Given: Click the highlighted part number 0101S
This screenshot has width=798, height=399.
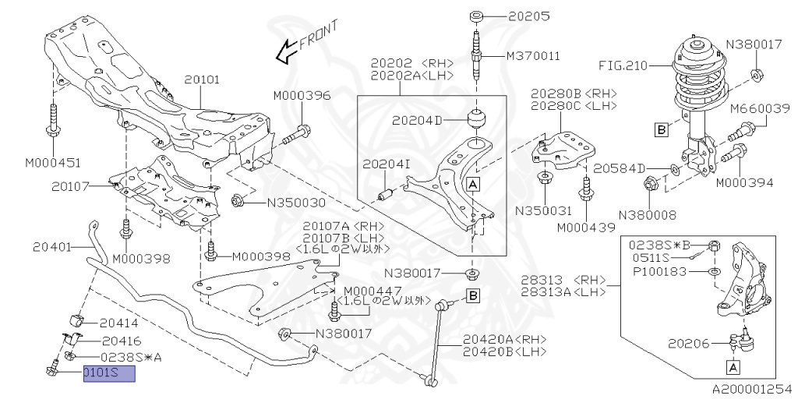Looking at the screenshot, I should coord(108,374).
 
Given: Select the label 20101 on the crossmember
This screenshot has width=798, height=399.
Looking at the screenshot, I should coord(202,79).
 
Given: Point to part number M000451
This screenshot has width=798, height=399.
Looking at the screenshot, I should coord(53,163).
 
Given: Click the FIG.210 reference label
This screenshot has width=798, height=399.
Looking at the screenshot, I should coord(623,65).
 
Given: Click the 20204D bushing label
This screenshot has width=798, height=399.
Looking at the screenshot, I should coord(417,121).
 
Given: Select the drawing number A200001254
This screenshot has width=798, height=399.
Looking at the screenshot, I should coord(750,387).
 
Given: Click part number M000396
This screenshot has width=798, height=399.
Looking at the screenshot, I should coord(302,96).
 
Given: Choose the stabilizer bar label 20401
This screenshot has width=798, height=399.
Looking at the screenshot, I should coord(53,246).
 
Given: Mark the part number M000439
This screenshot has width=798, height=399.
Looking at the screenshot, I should coord(586,228).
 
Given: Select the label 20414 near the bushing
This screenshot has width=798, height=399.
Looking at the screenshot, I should coord(119,322).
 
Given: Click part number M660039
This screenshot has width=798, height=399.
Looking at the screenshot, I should coord(761,109).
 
